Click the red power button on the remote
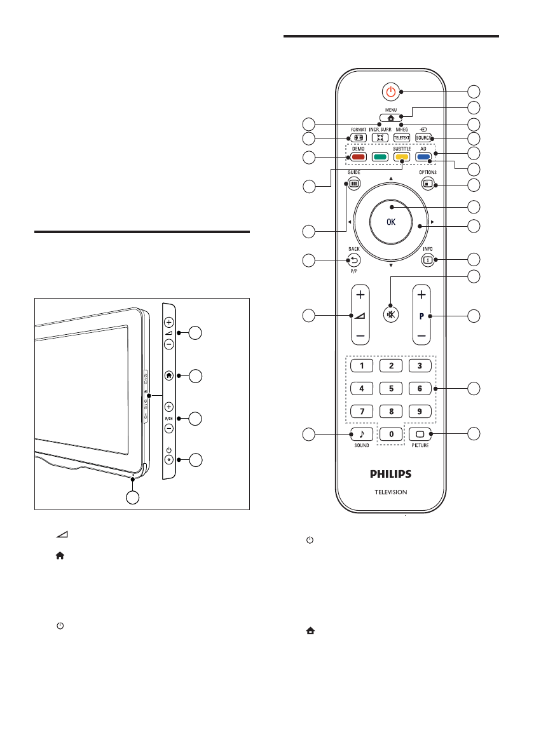391,91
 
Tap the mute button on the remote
391,316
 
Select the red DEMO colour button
357,157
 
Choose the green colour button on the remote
380,157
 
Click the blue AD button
423,157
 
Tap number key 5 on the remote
391,388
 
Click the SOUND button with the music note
362,435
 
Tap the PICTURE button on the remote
420,435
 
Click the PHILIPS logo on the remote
391,474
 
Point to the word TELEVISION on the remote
391,492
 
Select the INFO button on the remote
428,259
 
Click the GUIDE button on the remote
353,184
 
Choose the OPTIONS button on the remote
428,184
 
